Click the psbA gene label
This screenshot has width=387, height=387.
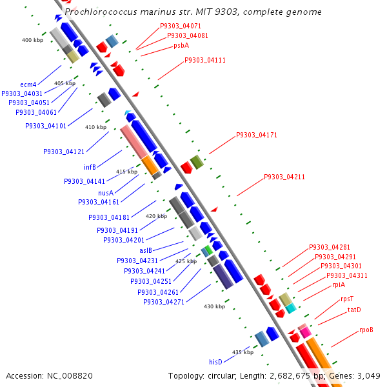[x=181, y=46]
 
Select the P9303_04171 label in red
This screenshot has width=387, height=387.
[x=256, y=135]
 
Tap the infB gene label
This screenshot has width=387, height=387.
[x=90, y=167]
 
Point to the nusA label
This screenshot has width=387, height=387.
[x=106, y=192]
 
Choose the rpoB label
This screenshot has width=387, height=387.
[x=366, y=330]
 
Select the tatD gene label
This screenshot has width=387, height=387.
[x=354, y=310]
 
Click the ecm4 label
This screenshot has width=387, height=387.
[x=28, y=84]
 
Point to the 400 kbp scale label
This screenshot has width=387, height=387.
[x=32, y=40]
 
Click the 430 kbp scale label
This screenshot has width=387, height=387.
[x=214, y=306]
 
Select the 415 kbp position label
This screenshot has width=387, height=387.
[x=126, y=172]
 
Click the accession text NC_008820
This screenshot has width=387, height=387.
[x=49, y=375]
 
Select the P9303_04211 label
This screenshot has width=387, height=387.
[x=284, y=177]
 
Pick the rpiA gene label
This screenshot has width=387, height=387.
[x=339, y=284]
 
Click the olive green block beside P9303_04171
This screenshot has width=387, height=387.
[x=197, y=162]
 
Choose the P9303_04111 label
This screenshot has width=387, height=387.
[x=204, y=60]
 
